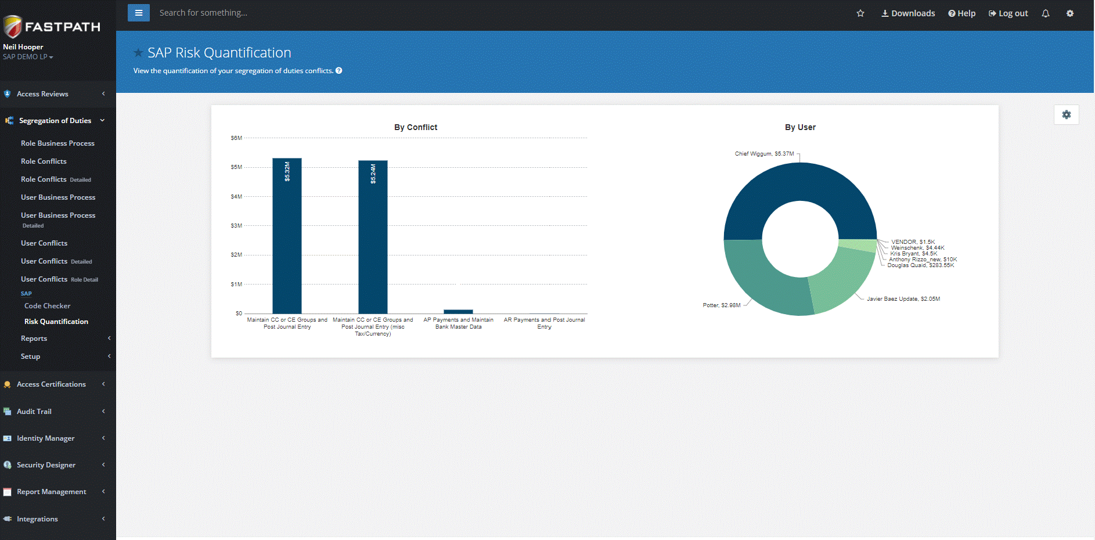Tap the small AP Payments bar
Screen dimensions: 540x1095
point(458,312)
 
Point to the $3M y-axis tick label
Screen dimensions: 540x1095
point(236,226)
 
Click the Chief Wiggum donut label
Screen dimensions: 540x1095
point(764,154)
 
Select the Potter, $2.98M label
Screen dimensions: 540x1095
point(722,305)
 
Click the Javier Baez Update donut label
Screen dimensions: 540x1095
point(903,299)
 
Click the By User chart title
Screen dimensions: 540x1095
point(800,127)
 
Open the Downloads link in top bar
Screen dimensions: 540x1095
point(908,13)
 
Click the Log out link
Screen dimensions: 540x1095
point(1008,13)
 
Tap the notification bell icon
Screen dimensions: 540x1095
point(1046,13)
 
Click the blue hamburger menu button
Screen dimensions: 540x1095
point(139,13)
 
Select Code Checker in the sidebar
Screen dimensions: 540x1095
point(47,306)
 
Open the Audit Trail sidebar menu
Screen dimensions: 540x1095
point(34,412)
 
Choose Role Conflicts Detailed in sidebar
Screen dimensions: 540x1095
point(56,179)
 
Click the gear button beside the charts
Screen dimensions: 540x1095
point(1067,115)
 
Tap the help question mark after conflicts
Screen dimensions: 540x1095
point(339,71)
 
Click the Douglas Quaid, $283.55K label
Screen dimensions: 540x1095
point(920,265)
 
